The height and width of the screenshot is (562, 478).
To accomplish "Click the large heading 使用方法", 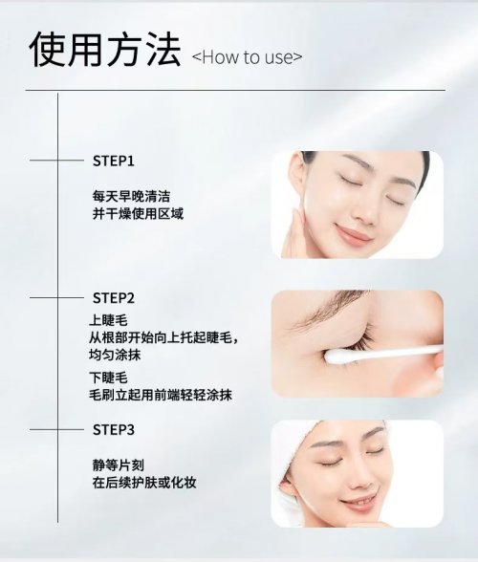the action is [105, 50].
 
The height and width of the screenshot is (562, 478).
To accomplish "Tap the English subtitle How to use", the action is [247, 57].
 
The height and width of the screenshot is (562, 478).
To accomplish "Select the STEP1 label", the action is [114, 161].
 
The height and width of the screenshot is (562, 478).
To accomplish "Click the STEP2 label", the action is [114, 298].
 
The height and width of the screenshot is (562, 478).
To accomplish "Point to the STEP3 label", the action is [114, 430].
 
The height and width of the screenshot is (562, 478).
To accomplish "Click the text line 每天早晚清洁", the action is [131, 196].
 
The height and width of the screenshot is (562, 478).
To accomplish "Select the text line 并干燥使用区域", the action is [138, 214].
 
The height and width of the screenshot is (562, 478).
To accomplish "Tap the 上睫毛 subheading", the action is [108, 320].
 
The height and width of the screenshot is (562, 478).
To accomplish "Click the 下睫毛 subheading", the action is [108, 378].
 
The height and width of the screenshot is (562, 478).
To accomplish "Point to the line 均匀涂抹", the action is [115, 355].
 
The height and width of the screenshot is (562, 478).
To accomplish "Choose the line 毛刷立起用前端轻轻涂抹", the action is [161, 395].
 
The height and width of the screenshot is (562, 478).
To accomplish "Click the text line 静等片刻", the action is [119, 465].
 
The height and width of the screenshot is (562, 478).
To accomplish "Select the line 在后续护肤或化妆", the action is [144, 483].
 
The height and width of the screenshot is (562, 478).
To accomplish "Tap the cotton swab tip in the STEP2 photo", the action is [337, 357].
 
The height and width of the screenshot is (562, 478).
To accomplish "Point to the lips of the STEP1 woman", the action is [353, 233].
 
